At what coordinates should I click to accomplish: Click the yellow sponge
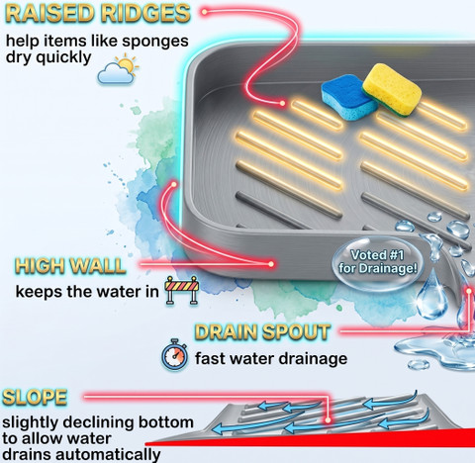pyautogui.click(x=392, y=89)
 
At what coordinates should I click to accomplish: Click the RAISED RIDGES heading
pyautogui.click(x=98, y=14)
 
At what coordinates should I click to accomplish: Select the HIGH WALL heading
pyautogui.click(x=70, y=265)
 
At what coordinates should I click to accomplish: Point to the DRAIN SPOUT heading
pyautogui.click(x=262, y=331)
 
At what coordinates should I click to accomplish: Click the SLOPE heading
pyautogui.click(x=35, y=397)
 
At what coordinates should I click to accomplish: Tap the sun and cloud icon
pyautogui.click(x=118, y=70)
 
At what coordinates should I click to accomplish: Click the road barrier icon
pyautogui.click(x=182, y=290)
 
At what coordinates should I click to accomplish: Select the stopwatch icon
pyautogui.click(x=174, y=355)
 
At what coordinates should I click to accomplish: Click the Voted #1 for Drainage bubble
pyautogui.click(x=377, y=262)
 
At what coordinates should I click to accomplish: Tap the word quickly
pyautogui.click(x=63, y=58)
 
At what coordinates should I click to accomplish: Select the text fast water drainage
pyautogui.click(x=271, y=358)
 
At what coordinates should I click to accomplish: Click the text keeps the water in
pyautogui.click(x=87, y=292)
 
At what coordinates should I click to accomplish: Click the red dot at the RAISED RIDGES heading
pyautogui.click(x=205, y=12)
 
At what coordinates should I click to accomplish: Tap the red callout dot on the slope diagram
pyautogui.click(x=328, y=420)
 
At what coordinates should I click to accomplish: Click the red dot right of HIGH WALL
pyautogui.click(x=271, y=264)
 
